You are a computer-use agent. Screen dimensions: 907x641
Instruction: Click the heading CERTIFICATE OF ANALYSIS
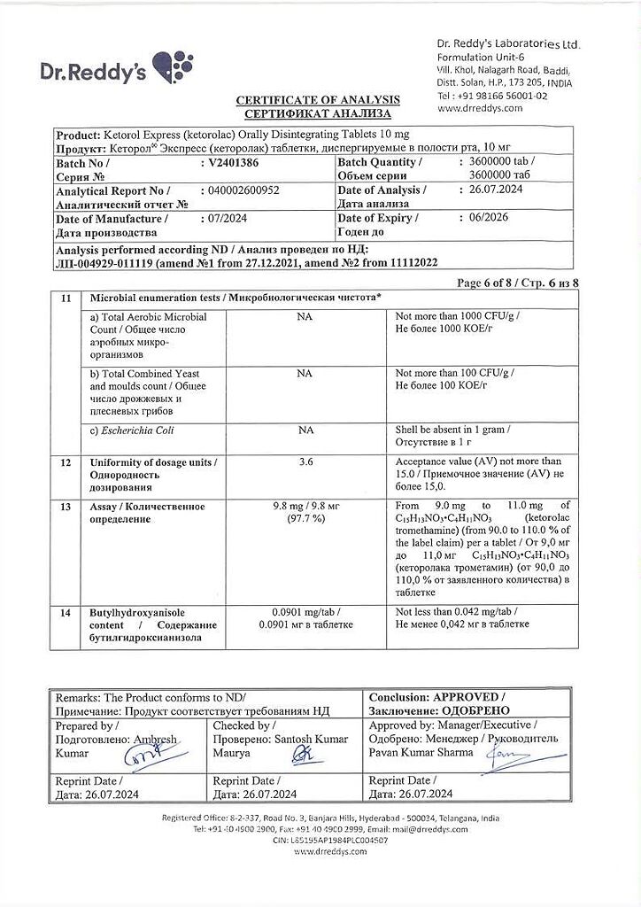[317, 100]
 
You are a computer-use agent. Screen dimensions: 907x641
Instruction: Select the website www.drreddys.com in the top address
[480, 108]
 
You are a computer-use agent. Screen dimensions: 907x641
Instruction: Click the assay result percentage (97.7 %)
[305, 519]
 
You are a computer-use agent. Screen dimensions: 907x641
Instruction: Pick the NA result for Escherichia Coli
[305, 430]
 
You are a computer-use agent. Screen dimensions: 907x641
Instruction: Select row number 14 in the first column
[65, 612]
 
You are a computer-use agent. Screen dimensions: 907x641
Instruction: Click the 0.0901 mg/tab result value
[305, 612]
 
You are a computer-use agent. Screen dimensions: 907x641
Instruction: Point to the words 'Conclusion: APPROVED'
[437, 697]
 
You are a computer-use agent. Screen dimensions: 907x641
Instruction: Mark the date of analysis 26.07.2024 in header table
[498, 190]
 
